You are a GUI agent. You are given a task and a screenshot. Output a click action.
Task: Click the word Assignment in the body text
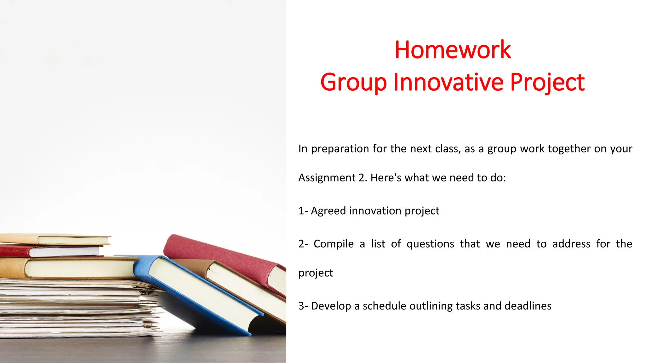327,178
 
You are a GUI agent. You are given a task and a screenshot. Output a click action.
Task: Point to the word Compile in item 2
334,244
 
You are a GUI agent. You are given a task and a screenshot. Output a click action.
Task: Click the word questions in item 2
430,244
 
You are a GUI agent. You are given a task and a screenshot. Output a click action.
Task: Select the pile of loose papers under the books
79,309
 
